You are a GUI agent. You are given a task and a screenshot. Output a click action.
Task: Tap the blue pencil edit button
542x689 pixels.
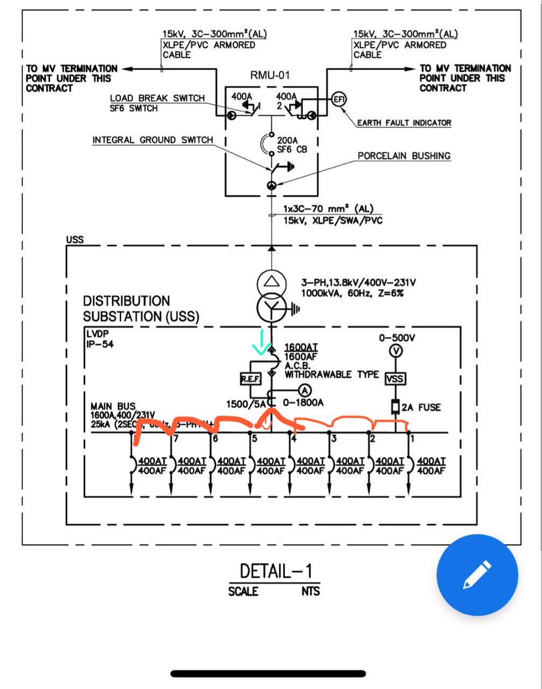click(x=477, y=575)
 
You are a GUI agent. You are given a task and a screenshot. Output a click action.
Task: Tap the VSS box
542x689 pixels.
click(x=395, y=379)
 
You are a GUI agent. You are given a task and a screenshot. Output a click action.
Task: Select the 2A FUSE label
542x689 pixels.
click(x=421, y=408)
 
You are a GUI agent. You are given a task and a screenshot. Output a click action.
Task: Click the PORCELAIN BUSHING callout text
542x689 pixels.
click(x=404, y=156)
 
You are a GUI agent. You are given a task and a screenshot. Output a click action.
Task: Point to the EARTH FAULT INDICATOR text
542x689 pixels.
click(x=404, y=123)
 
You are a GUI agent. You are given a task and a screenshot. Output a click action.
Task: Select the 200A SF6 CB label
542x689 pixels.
click(x=292, y=144)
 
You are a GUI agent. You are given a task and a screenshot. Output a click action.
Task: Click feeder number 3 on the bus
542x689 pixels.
click(x=333, y=439)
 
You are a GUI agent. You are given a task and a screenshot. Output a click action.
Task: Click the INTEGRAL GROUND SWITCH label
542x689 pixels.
click(x=153, y=140)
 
